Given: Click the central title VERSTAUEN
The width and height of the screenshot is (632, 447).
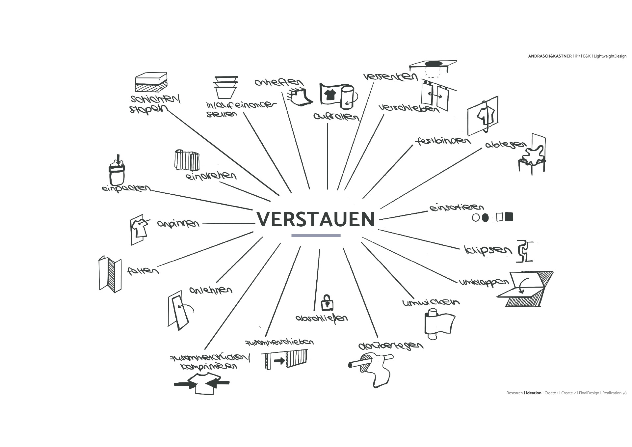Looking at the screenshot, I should click(316, 219).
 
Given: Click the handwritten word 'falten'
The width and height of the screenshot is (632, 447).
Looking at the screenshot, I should click(143, 271).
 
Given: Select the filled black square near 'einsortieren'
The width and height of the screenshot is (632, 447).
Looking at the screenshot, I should click(509, 217).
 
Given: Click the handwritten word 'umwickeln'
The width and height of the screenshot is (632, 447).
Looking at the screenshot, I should click(431, 302).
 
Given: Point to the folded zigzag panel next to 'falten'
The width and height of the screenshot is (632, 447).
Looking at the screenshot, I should click(110, 274).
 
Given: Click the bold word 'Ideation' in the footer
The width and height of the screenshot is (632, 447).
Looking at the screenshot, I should click(534, 393).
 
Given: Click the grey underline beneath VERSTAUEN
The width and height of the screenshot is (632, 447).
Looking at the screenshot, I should click(316, 235).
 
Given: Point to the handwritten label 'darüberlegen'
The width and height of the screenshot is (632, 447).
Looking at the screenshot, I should click(390, 346).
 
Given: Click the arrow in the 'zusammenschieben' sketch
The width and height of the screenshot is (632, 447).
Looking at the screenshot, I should click(279, 361).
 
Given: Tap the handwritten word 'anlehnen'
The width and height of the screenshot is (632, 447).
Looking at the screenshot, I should click(211, 290).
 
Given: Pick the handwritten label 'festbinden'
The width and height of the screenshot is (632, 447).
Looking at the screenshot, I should click(443, 141).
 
